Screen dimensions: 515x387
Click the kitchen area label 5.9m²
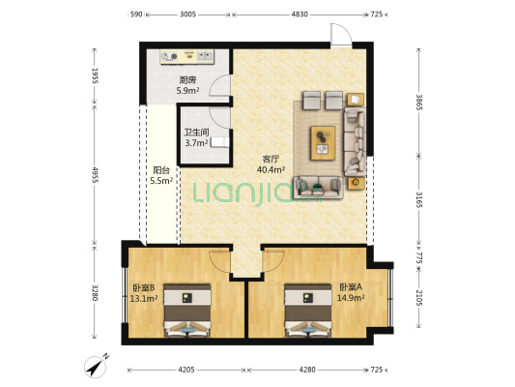187,90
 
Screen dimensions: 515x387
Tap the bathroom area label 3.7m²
196,142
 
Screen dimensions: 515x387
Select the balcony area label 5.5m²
161,180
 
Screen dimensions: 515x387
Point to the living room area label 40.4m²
271,169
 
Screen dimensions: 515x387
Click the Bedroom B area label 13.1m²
144,298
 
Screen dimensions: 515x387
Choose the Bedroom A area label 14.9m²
351,298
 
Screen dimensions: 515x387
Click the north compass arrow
97,366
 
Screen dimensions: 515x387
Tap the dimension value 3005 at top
187,15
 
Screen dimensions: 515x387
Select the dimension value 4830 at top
300,15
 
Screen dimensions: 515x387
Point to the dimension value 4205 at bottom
186,370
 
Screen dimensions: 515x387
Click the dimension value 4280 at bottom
307,370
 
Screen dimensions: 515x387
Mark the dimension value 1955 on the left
95,76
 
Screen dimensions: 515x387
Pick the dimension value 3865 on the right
419,103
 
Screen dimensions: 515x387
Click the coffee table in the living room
323,142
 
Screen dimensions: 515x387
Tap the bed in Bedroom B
187,311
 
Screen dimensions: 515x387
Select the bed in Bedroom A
308,311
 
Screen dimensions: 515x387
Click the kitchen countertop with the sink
187,57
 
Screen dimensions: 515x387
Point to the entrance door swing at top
341,34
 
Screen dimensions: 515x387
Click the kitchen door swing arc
219,85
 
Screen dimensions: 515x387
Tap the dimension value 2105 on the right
419,298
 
